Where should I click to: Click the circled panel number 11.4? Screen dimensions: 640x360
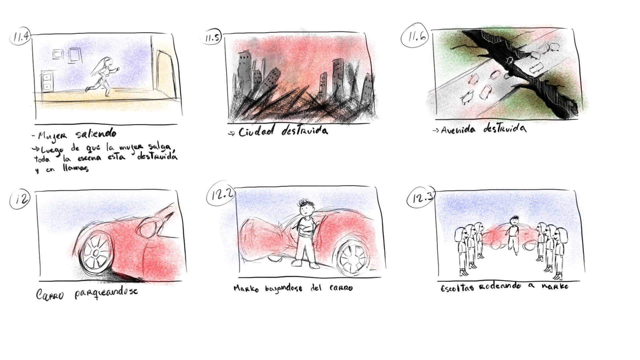20,36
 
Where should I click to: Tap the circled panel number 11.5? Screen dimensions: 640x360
212,38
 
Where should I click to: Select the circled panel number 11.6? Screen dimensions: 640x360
415,36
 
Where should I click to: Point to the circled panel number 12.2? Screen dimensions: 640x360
220,195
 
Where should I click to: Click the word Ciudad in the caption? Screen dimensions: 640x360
256,131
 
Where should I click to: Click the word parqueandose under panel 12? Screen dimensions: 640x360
106,292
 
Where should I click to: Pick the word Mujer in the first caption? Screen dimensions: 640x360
52,136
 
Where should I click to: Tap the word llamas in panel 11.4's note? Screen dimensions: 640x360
76,168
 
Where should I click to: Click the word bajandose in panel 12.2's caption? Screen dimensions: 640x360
284,288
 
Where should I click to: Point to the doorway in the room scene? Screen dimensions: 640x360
166,74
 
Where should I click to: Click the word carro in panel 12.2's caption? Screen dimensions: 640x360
341,288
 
